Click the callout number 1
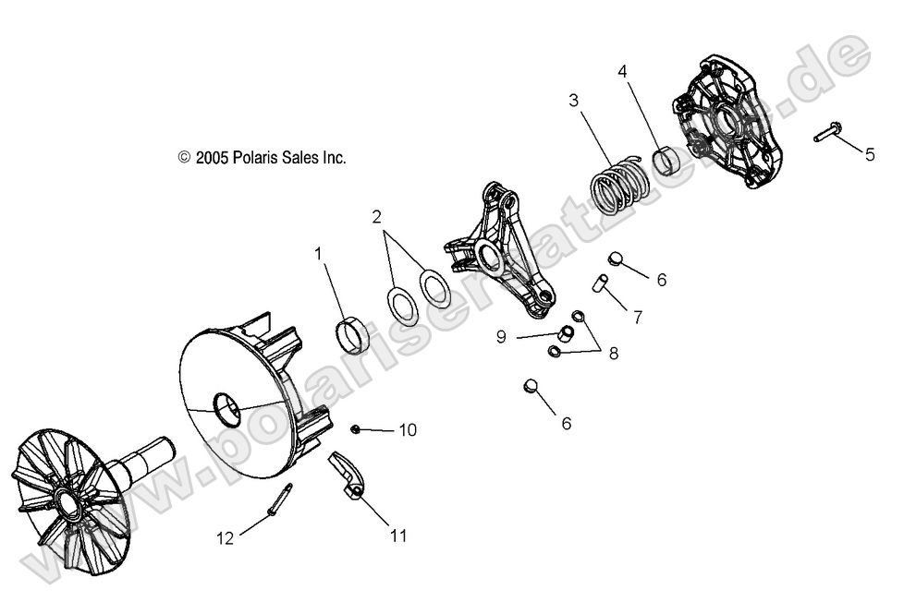pos(319,251)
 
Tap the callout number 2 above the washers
pos(376,218)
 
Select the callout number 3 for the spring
pos(574,100)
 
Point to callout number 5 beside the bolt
pos(869,154)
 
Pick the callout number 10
pos(408,430)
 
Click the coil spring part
pos(617,191)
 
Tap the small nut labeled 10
pos(355,428)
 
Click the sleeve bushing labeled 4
pos(666,159)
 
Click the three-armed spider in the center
pos(504,249)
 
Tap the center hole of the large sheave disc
pos(225,406)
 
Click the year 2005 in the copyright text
pos(210,158)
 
